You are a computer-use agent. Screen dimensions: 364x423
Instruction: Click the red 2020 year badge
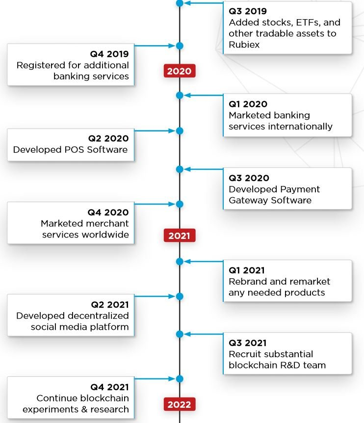180,71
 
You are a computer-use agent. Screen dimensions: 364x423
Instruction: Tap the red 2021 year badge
180,236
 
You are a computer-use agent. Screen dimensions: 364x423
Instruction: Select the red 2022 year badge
180,404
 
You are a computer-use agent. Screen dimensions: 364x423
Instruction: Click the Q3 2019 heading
248,11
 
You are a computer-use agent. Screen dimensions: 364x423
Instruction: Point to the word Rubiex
244,45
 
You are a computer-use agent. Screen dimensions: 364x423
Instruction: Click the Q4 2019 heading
109,54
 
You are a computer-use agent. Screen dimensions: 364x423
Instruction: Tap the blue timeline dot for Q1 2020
180,95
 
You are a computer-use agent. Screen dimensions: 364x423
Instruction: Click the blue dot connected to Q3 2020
180,169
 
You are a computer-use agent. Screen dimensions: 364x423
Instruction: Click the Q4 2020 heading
108,212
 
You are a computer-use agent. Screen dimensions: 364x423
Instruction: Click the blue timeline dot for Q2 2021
180,296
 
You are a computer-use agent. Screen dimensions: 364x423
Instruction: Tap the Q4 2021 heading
109,387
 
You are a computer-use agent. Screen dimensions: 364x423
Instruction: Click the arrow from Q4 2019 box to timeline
155,46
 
